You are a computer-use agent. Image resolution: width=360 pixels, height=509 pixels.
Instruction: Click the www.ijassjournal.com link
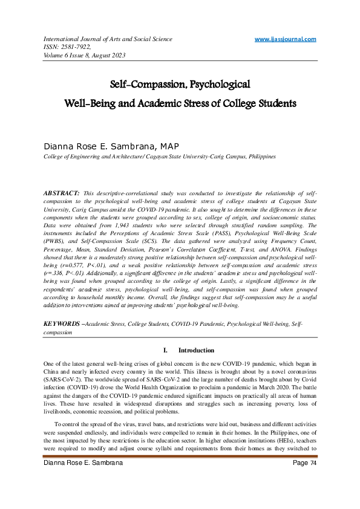click(x=285, y=39)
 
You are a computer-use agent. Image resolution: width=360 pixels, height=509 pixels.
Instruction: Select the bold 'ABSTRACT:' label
click(x=61, y=192)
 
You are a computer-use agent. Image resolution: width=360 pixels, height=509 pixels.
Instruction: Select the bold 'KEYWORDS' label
click(x=61, y=324)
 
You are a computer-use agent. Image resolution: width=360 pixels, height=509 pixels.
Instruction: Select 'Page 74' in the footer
click(x=304, y=479)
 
